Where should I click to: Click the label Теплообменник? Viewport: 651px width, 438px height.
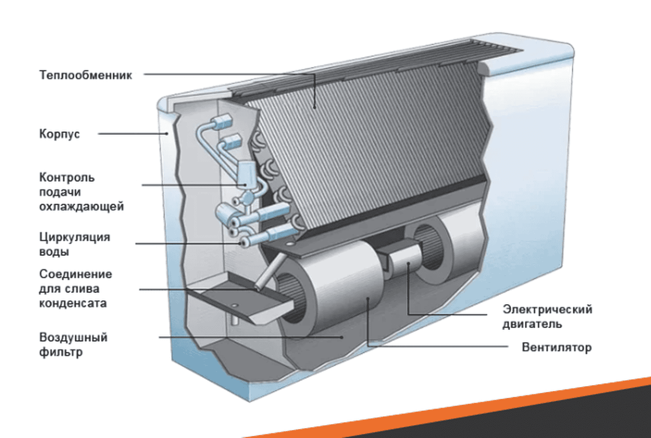85,75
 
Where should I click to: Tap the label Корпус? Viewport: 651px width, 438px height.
59,134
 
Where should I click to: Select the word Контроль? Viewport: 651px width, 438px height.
67,177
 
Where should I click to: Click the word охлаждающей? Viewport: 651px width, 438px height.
81,206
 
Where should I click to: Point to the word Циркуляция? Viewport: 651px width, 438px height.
75,237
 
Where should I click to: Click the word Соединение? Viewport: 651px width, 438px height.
75,274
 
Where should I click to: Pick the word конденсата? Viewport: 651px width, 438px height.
73,303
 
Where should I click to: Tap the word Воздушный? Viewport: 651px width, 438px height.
73,338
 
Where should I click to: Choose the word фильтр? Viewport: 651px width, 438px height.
61,352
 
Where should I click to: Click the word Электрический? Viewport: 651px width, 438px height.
547,309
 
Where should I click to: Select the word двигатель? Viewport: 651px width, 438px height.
532,324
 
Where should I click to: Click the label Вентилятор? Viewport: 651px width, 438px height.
557,348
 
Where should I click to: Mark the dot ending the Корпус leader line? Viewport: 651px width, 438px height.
167,133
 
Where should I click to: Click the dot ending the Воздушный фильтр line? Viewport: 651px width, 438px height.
342,337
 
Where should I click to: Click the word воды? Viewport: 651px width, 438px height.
54,252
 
